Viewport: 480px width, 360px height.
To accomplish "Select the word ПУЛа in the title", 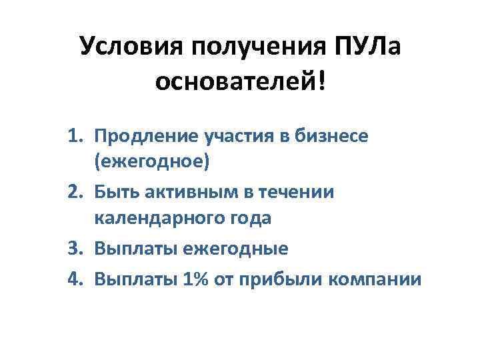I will [x=365, y=47].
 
